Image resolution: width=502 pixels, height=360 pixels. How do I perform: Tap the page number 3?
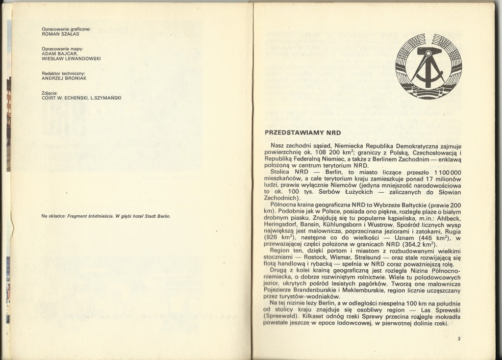click(458, 338)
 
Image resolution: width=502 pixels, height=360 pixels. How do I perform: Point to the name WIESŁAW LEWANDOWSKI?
click(72, 58)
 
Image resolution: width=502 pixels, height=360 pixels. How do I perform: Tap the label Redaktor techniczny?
click(64, 73)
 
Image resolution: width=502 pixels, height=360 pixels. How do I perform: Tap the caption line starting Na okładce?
click(106, 216)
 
